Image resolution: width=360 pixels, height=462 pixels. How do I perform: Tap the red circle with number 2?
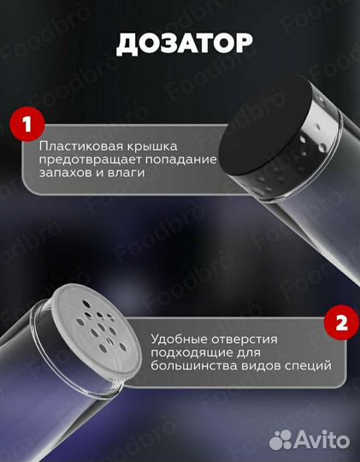[x=339, y=325]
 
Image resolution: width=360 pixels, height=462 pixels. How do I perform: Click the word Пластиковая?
[x=77, y=146]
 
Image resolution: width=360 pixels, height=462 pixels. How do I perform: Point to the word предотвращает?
[x=86, y=160]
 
